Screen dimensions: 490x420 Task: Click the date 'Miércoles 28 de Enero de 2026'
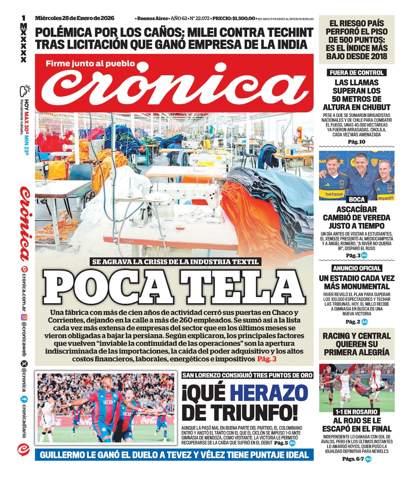coord(75,18)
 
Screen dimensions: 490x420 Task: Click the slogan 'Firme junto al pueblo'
coord(90,64)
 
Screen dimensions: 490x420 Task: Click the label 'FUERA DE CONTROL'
coord(356,73)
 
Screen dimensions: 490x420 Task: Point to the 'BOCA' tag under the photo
coord(356,199)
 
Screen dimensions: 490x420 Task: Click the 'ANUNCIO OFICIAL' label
coord(356,268)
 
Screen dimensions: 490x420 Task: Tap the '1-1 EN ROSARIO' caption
coord(356,412)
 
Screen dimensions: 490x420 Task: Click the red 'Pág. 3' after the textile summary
coord(266,359)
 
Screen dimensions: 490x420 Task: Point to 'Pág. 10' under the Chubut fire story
coord(356,142)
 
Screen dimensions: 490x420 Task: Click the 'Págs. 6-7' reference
coord(353,459)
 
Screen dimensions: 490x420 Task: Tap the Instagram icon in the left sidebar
coord(24,317)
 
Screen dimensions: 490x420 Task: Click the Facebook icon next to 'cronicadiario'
coord(24,400)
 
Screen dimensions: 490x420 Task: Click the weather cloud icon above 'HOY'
coord(25,90)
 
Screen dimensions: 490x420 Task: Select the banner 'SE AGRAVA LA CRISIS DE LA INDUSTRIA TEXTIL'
coord(175,262)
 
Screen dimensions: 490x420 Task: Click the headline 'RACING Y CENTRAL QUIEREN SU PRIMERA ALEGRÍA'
coord(356,344)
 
